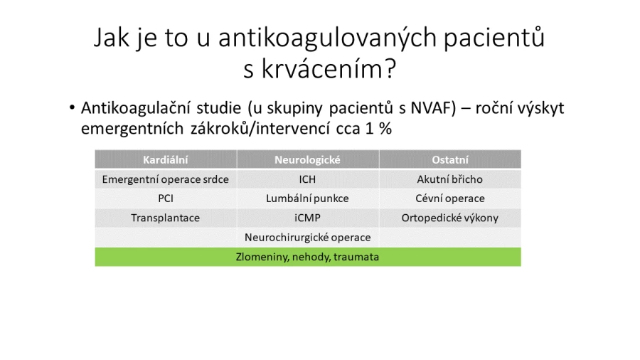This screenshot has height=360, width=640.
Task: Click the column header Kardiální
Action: tap(165, 159)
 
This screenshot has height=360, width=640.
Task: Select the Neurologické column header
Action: tap(307, 159)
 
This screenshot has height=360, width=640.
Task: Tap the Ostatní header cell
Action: tap(450, 159)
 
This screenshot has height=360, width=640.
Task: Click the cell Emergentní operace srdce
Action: tap(165, 179)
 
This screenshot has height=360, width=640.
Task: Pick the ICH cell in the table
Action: tap(307, 179)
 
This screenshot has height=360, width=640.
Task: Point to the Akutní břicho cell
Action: tap(450, 179)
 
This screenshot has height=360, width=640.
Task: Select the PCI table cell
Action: tap(165, 198)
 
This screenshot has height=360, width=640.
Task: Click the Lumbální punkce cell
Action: tap(307, 198)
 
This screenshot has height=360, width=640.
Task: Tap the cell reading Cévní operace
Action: tap(450, 198)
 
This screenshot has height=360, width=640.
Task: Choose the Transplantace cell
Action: tap(165, 218)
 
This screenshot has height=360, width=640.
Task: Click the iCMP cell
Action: tap(307, 218)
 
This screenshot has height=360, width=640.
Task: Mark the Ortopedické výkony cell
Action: tap(450, 218)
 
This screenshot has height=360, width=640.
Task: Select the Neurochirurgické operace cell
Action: tap(307, 237)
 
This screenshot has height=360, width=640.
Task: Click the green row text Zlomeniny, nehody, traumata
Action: tap(307, 257)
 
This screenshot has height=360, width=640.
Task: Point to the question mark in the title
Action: tap(390, 68)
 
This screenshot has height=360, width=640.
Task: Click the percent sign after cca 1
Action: tap(385, 129)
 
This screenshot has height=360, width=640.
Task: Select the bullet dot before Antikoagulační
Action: tap(73, 108)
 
